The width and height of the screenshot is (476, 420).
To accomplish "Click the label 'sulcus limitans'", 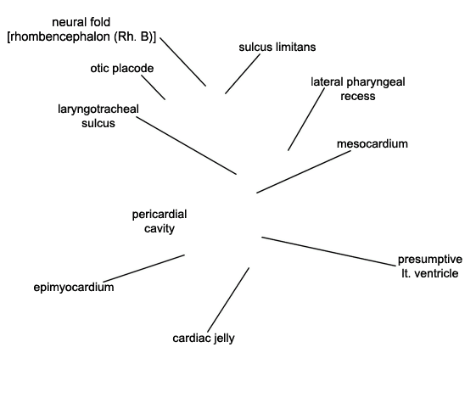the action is pyautogui.click(x=277, y=47).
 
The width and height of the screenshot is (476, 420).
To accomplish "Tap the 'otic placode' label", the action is pyautogui.click(x=122, y=68).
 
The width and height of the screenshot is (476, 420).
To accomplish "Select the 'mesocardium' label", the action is pyautogui.click(x=372, y=144).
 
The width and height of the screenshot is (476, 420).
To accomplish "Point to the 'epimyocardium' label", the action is pyautogui.click(x=74, y=287).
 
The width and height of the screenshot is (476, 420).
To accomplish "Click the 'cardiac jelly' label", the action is pyautogui.click(x=204, y=338).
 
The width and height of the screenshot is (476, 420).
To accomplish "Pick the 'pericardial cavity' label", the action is pyautogui.click(x=160, y=221).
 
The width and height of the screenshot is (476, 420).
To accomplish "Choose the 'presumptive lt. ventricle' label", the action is pyautogui.click(x=430, y=266).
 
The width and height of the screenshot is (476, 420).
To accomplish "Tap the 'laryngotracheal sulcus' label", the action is pyautogui.click(x=98, y=116).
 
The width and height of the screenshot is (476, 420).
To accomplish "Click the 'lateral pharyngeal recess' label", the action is pyautogui.click(x=358, y=89).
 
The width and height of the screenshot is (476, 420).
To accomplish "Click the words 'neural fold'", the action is pyautogui.click(x=81, y=22).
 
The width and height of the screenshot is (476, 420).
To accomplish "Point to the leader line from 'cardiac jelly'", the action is pyautogui.click(x=228, y=300).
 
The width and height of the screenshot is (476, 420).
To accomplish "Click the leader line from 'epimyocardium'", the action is pyautogui.click(x=143, y=268).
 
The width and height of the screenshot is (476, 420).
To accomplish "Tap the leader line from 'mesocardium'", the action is pyautogui.click(x=304, y=171).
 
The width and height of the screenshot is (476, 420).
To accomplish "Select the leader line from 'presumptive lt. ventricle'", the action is pyautogui.click(x=328, y=251).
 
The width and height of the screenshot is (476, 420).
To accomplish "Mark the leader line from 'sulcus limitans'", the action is pyautogui.click(x=243, y=74).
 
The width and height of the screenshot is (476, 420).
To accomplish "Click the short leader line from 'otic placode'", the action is pyautogui.click(x=154, y=87).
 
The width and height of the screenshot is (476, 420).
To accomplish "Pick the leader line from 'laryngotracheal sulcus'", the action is pyautogui.click(x=187, y=146).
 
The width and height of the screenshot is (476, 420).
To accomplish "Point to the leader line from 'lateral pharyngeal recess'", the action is pyautogui.click(x=306, y=120).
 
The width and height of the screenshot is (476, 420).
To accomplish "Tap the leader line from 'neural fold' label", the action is pyautogui.click(x=183, y=62).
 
